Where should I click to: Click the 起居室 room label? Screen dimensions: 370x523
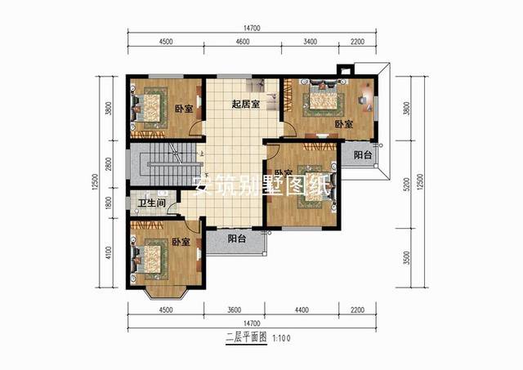click(245, 104)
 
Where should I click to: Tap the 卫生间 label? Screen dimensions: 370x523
click(152, 203)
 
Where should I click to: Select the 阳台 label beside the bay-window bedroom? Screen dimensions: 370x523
click(237, 239)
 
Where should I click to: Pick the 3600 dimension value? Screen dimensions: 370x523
click(234, 310)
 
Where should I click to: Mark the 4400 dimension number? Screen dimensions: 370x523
click(302, 310)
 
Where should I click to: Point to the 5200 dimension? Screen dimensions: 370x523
click(406, 185)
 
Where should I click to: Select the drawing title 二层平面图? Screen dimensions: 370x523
click(245, 337)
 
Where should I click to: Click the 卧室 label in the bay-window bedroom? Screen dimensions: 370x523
click(181, 243)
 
